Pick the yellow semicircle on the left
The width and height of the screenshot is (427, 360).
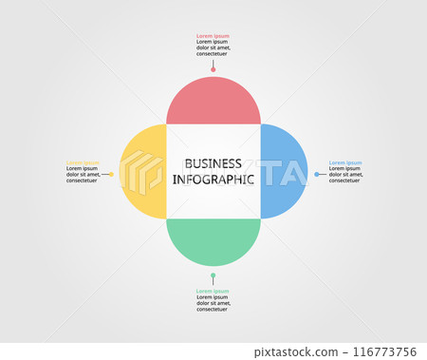point(143,171)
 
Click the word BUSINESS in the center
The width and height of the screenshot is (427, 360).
point(213,163)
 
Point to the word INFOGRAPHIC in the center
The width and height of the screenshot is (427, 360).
point(213,179)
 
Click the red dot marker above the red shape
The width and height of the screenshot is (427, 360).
point(213,69)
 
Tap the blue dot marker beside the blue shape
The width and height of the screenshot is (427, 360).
point(317,174)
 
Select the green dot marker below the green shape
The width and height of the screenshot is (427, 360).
point(213,276)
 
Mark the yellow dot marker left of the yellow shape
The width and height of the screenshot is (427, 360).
point(111,174)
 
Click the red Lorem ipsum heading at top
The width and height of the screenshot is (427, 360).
point(213,36)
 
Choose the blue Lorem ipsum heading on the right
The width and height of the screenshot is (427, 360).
point(345,162)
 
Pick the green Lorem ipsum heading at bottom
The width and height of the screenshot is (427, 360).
point(213,291)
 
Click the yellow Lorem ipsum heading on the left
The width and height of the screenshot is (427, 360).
point(83,162)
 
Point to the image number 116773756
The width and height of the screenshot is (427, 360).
point(385,352)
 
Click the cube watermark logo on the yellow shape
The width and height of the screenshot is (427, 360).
point(143,172)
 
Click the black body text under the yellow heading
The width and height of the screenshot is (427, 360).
point(83,175)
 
